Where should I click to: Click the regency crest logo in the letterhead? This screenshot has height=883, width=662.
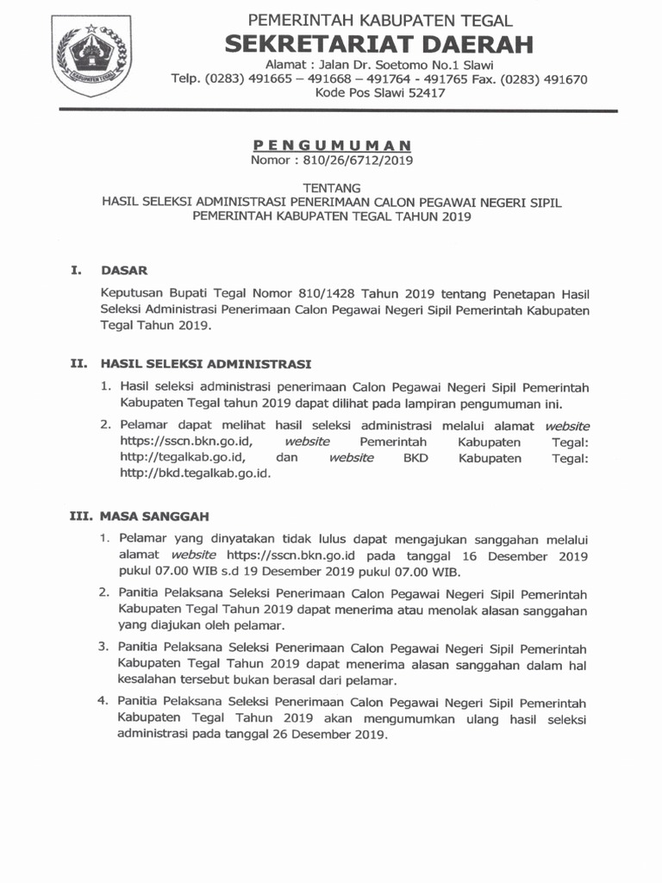point(92,55)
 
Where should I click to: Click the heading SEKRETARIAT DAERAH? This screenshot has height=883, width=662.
point(379,44)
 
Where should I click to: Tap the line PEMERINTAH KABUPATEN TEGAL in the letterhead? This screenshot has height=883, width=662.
point(380,20)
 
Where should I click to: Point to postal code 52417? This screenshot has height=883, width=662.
point(422,93)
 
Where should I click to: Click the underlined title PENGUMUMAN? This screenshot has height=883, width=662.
point(332,145)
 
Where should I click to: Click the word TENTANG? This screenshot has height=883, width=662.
point(332,187)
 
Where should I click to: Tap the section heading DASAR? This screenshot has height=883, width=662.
point(124,271)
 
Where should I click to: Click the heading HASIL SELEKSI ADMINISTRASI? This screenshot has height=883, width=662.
point(205,364)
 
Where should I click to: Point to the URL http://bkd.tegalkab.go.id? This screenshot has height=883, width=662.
point(195,474)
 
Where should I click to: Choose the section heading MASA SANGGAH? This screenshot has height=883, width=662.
point(154,517)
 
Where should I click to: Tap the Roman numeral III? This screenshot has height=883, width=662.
point(81,517)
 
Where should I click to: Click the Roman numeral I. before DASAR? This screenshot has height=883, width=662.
point(77,271)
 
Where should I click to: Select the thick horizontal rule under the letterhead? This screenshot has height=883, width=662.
point(337,111)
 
